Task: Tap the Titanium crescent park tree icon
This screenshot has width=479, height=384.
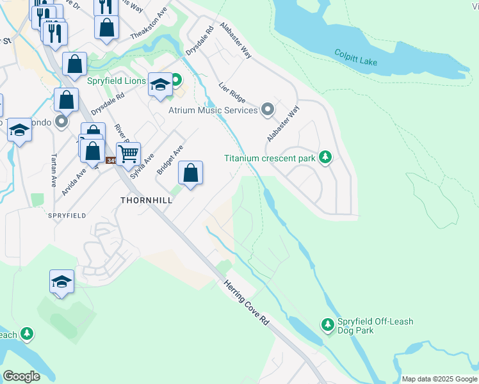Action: point(326,157)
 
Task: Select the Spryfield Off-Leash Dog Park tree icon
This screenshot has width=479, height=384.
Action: point(328,326)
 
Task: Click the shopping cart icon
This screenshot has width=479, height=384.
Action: point(128,154)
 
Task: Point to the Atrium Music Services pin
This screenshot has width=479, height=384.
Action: point(267,110)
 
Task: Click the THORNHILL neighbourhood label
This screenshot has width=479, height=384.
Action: point(147,200)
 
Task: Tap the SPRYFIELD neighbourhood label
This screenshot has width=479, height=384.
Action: point(67,216)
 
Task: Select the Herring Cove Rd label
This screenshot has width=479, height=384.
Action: point(247,304)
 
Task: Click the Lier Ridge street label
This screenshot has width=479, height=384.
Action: point(232,92)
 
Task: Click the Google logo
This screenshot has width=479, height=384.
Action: point(21,376)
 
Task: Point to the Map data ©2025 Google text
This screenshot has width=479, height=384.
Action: point(439,379)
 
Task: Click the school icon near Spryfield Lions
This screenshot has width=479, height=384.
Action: point(160,85)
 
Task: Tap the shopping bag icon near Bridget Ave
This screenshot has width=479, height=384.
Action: point(190,173)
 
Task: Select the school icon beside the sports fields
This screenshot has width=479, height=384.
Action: point(61,282)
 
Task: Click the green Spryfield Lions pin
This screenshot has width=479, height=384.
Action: point(175,81)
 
